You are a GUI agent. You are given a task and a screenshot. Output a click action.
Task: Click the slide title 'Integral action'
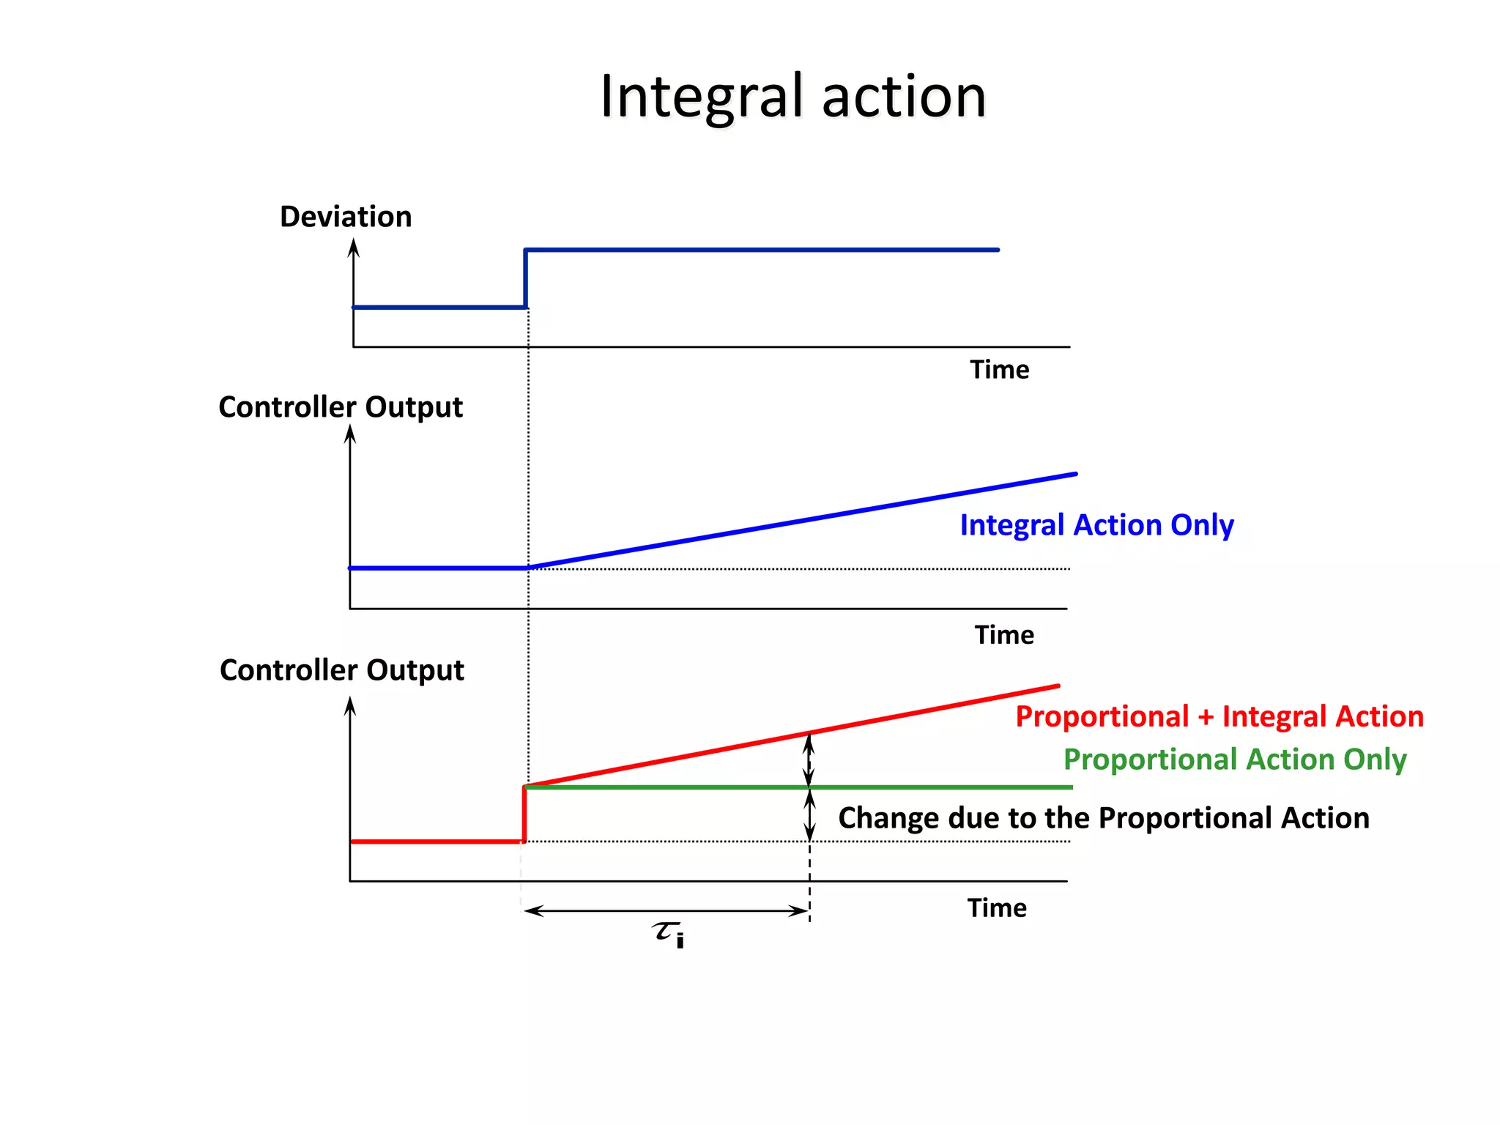(x=793, y=97)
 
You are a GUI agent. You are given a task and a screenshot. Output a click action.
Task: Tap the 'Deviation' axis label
(x=346, y=217)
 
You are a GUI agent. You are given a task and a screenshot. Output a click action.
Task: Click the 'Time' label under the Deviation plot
(x=999, y=370)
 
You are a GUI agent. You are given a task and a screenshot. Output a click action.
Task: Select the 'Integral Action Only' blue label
(x=1096, y=525)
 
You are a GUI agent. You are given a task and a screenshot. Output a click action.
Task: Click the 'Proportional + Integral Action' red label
(x=1219, y=716)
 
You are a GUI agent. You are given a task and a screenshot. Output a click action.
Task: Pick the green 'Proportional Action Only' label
(x=1234, y=760)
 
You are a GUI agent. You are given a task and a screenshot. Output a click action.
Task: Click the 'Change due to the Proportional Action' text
(x=1103, y=818)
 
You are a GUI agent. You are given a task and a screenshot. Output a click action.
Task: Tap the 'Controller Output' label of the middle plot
(x=341, y=407)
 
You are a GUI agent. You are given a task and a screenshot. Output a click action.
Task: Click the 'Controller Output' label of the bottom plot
(x=342, y=670)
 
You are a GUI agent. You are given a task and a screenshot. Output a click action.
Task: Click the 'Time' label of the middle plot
(x=1004, y=635)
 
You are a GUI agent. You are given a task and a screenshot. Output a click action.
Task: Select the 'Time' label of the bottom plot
(x=997, y=908)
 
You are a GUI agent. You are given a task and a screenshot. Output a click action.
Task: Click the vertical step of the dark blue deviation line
(x=525, y=279)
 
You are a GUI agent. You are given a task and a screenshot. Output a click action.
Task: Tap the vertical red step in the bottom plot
(x=524, y=814)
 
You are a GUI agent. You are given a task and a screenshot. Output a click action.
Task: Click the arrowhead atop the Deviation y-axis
(x=354, y=248)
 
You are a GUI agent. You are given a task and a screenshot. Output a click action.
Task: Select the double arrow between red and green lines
(x=809, y=760)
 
